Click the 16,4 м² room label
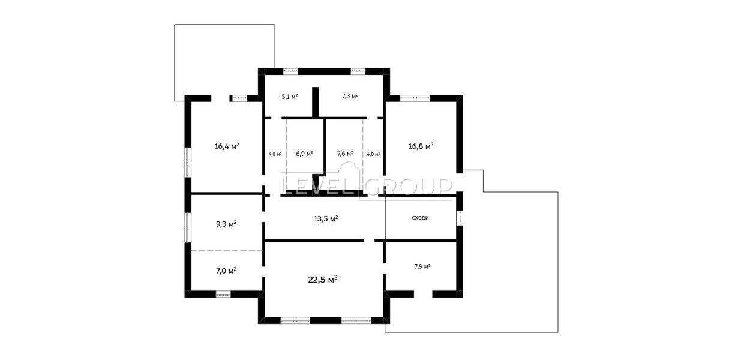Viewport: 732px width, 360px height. click(x=227, y=146)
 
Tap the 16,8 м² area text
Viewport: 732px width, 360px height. click(x=421, y=146)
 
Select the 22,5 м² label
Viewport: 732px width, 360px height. click(x=323, y=280)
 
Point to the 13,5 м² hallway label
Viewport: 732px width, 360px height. click(x=326, y=218)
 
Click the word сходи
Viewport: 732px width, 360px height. click(x=420, y=218)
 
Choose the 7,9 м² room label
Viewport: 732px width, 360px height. click(x=422, y=266)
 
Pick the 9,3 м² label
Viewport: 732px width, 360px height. click(x=226, y=224)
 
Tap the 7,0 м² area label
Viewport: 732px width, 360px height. click(x=226, y=271)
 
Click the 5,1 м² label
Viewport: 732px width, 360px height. click(x=290, y=97)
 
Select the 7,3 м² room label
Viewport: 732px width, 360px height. click(x=350, y=96)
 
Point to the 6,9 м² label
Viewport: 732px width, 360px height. click(x=305, y=153)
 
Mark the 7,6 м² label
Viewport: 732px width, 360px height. click(x=345, y=153)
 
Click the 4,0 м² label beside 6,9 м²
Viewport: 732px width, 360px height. click(x=275, y=154)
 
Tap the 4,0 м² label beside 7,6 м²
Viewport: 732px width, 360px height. click(x=373, y=154)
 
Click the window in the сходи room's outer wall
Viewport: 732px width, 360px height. click(x=460, y=218)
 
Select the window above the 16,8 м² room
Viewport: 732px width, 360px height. click(x=415, y=98)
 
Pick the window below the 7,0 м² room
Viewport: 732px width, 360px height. click(x=223, y=295)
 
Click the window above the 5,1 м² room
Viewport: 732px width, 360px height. click(x=290, y=71)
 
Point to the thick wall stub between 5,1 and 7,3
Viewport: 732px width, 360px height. click(x=316, y=102)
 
